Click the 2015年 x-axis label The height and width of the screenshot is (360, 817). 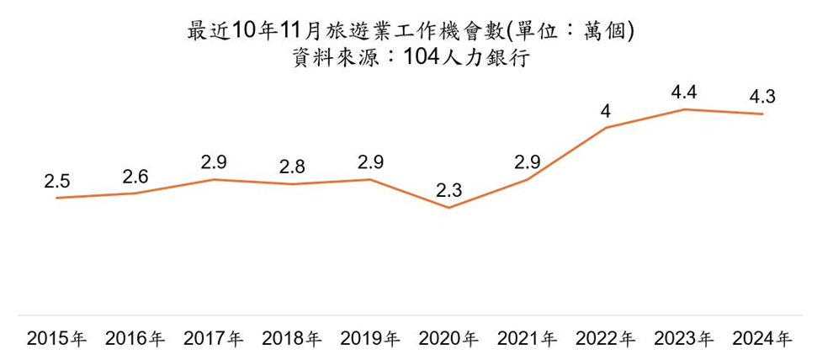tap(56, 340)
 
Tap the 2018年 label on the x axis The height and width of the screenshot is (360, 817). tap(292, 340)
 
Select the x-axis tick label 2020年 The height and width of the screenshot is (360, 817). tap(448, 340)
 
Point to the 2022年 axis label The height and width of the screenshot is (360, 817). tap(606, 340)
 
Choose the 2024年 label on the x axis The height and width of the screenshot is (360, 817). tap(762, 340)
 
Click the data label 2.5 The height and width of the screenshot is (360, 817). tap(56, 182)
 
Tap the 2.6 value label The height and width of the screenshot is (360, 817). tap(135, 177)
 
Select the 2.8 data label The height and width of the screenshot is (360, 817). tap(292, 167)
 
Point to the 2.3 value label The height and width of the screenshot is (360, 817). tap(448, 192)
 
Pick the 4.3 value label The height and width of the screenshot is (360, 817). tap(762, 98)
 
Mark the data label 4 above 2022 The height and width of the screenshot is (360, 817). tap(606, 112)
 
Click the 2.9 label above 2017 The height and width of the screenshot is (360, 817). tap(213, 163)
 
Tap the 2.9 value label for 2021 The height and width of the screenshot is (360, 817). tap(528, 163)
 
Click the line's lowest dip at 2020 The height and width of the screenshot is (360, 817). tap(448, 208)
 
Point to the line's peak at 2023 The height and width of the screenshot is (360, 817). tap(684, 109)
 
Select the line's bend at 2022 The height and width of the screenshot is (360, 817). tap(606, 128)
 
